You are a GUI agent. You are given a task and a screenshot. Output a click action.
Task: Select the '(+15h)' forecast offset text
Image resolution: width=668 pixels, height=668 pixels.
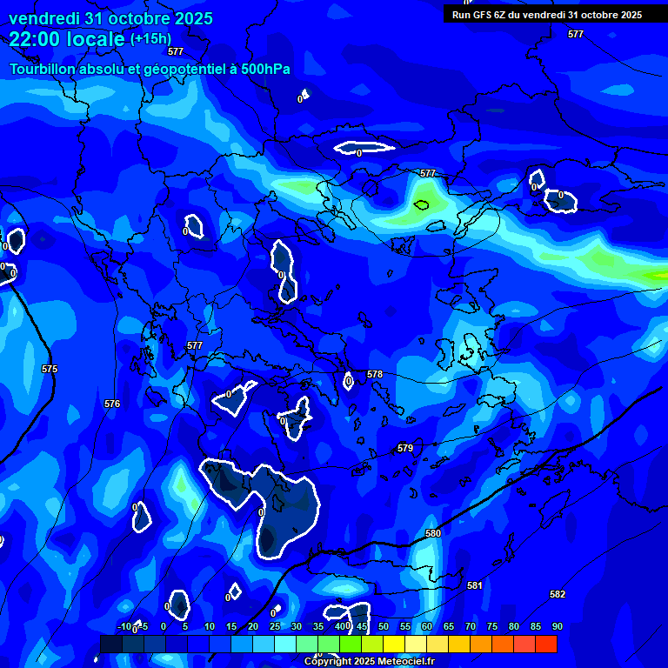(150, 39)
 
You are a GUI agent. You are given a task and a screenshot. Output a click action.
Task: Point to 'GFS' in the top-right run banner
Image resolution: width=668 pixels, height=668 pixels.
(484, 15)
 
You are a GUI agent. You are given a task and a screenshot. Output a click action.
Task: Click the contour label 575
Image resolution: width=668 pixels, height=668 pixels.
(50, 370)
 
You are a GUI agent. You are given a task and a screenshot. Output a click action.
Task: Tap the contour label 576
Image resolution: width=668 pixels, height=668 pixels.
(112, 404)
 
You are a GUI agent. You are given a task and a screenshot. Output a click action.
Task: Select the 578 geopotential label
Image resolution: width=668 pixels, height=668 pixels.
(375, 375)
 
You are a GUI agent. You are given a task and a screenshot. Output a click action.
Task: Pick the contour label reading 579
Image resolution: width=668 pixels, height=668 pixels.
(405, 449)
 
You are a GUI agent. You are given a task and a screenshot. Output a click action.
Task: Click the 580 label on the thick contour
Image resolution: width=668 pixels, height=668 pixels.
(433, 533)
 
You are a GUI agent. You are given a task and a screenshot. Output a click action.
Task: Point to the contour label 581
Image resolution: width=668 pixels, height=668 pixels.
(474, 586)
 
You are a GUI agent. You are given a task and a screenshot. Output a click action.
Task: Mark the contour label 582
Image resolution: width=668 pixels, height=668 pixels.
(558, 595)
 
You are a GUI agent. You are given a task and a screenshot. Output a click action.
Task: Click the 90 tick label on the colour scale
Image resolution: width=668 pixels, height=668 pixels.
(557, 627)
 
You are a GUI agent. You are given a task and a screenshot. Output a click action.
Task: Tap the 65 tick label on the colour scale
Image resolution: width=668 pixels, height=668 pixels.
(449, 627)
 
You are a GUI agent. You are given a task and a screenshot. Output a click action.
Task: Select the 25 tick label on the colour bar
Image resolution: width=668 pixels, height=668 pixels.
(275, 627)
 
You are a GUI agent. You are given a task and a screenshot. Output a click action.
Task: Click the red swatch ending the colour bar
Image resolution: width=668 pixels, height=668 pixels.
(546, 644)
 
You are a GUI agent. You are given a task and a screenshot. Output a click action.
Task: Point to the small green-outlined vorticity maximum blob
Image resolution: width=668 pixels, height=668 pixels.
(422, 206)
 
